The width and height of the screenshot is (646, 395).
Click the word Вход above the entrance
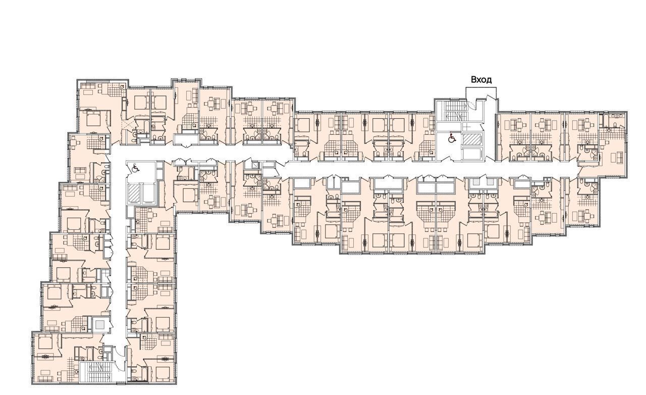481,80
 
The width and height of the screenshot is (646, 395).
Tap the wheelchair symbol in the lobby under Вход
452,138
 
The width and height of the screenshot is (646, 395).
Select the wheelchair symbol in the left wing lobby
135,168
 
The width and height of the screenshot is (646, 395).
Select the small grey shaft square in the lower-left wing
100,325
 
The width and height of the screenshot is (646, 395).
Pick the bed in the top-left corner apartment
92,118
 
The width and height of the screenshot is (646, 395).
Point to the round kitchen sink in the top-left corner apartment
122,86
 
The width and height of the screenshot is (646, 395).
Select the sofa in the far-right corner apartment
619,158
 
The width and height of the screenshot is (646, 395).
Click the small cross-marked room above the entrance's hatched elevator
465,126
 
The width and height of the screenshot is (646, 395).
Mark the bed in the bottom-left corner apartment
45,343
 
